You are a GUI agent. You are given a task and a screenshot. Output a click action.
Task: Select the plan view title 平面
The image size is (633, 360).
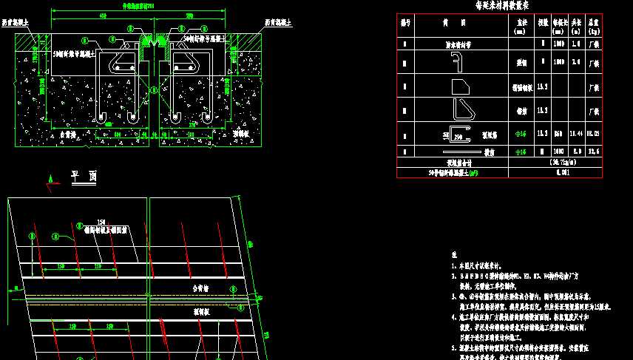(x=84, y=176)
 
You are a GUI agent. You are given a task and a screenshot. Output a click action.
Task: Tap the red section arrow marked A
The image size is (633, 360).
(x=50, y=178)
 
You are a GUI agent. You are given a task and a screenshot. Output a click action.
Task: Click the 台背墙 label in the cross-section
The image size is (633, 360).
(x=67, y=135)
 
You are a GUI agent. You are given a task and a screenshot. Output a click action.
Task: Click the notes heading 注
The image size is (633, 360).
(x=454, y=254)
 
